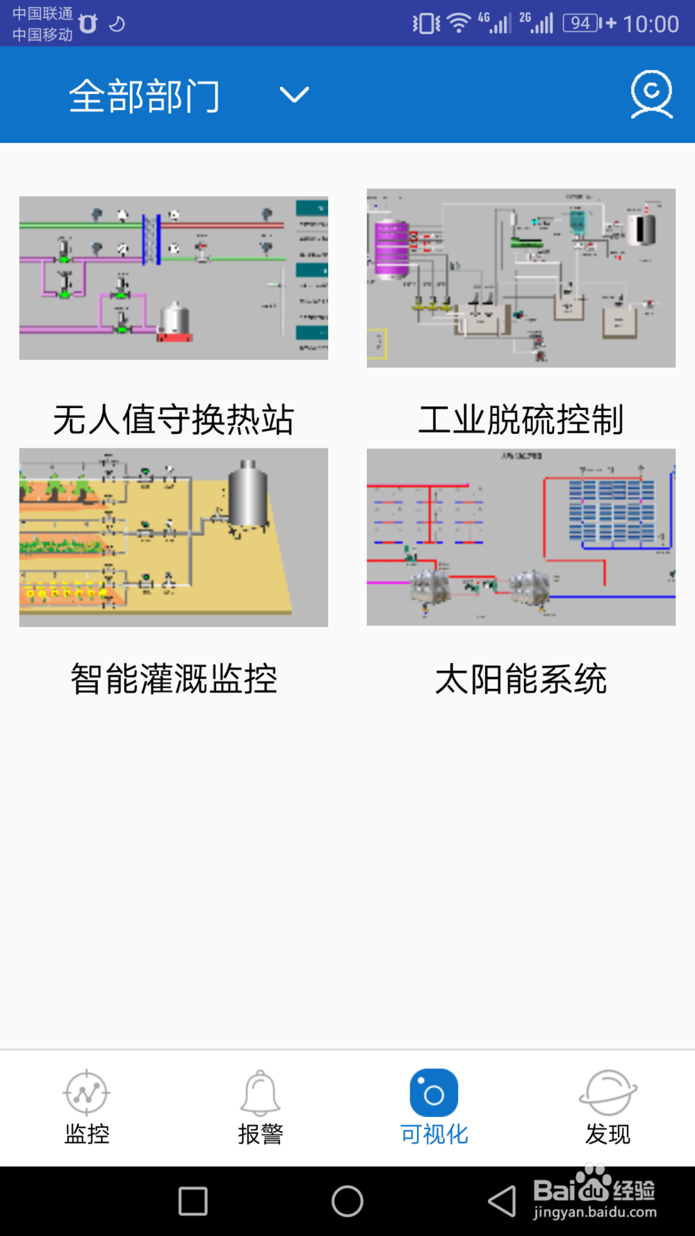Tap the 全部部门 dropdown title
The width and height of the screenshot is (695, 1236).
pyautogui.click(x=145, y=95)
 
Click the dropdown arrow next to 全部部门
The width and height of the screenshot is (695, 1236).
pyautogui.click(x=294, y=95)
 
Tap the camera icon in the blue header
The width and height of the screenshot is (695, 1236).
pyautogui.click(x=651, y=94)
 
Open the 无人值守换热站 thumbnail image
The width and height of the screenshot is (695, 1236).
pyautogui.click(x=174, y=278)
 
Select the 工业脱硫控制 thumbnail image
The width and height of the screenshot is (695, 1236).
pyautogui.click(x=521, y=278)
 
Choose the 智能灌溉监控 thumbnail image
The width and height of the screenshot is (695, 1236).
pyautogui.click(x=174, y=537)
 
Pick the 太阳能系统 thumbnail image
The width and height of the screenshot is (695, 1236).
pyautogui.click(x=521, y=537)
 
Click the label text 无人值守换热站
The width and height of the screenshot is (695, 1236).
pyautogui.click(x=174, y=420)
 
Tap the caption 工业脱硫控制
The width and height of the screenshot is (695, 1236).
pyautogui.click(x=521, y=420)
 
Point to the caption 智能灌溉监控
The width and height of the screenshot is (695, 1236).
pyautogui.click(x=174, y=679)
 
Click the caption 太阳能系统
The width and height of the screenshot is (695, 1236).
pyautogui.click(x=521, y=679)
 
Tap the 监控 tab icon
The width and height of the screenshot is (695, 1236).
pyautogui.click(x=86, y=1093)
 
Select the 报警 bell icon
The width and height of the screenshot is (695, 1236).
pyautogui.click(x=260, y=1093)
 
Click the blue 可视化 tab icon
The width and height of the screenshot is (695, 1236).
pyautogui.click(x=434, y=1093)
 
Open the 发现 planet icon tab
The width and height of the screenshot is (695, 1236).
pyautogui.click(x=607, y=1093)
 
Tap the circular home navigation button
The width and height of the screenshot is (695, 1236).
pyautogui.click(x=347, y=1201)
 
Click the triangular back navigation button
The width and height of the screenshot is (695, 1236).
pyautogui.click(x=502, y=1201)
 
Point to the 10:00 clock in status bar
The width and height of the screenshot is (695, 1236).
pyautogui.click(x=651, y=24)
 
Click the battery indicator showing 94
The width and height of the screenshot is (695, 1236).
pyautogui.click(x=582, y=24)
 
